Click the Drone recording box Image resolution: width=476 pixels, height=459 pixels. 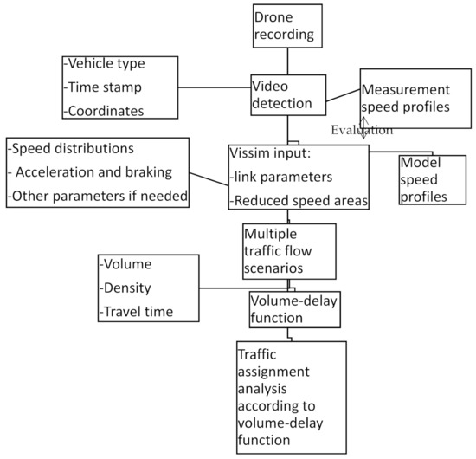(x=287, y=26)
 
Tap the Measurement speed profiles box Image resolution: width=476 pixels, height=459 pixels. (x=405, y=99)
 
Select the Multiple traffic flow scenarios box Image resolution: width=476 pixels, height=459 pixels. (x=288, y=249)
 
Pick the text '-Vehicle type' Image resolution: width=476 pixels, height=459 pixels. (x=104, y=65)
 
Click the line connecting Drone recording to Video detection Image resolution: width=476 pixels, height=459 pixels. (x=288, y=61)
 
